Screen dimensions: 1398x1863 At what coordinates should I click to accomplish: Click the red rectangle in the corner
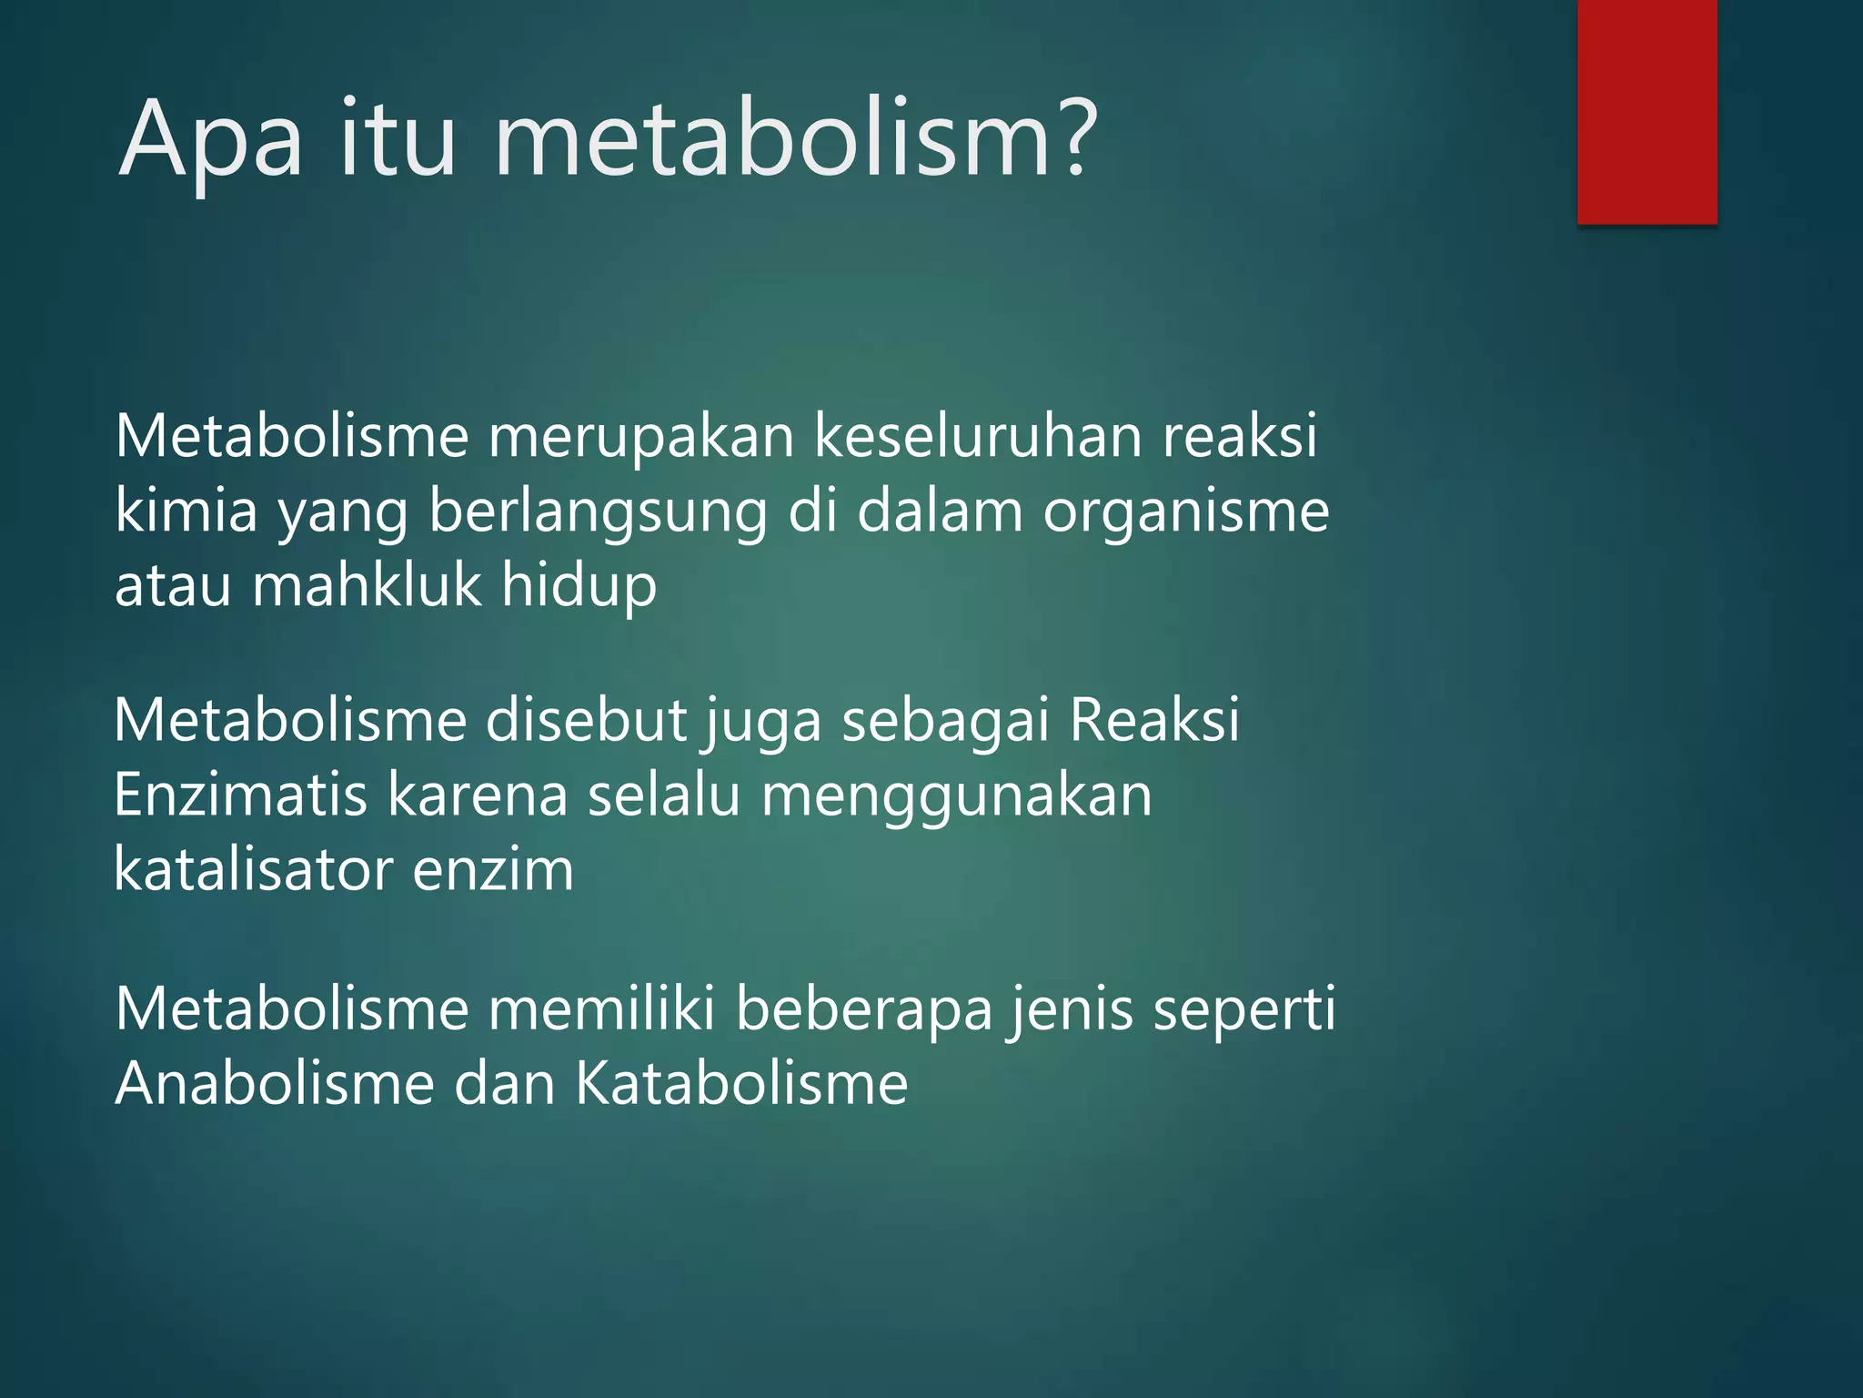click(1646, 111)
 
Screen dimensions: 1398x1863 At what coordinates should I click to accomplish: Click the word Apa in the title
click(210, 141)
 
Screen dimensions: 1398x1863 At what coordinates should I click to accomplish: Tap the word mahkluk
click(367, 584)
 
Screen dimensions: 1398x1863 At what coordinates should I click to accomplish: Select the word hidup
click(579, 584)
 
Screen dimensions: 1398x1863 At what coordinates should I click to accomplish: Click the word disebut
click(587, 721)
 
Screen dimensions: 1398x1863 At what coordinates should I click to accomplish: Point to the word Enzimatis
click(241, 795)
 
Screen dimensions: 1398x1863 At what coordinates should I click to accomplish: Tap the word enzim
click(493, 869)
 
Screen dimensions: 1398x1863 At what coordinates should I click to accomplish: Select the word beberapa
click(863, 1010)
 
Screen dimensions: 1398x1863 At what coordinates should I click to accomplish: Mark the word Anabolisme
click(275, 1084)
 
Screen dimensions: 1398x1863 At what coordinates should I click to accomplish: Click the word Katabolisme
click(741, 1084)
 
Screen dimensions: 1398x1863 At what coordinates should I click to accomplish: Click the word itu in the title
click(398, 141)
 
